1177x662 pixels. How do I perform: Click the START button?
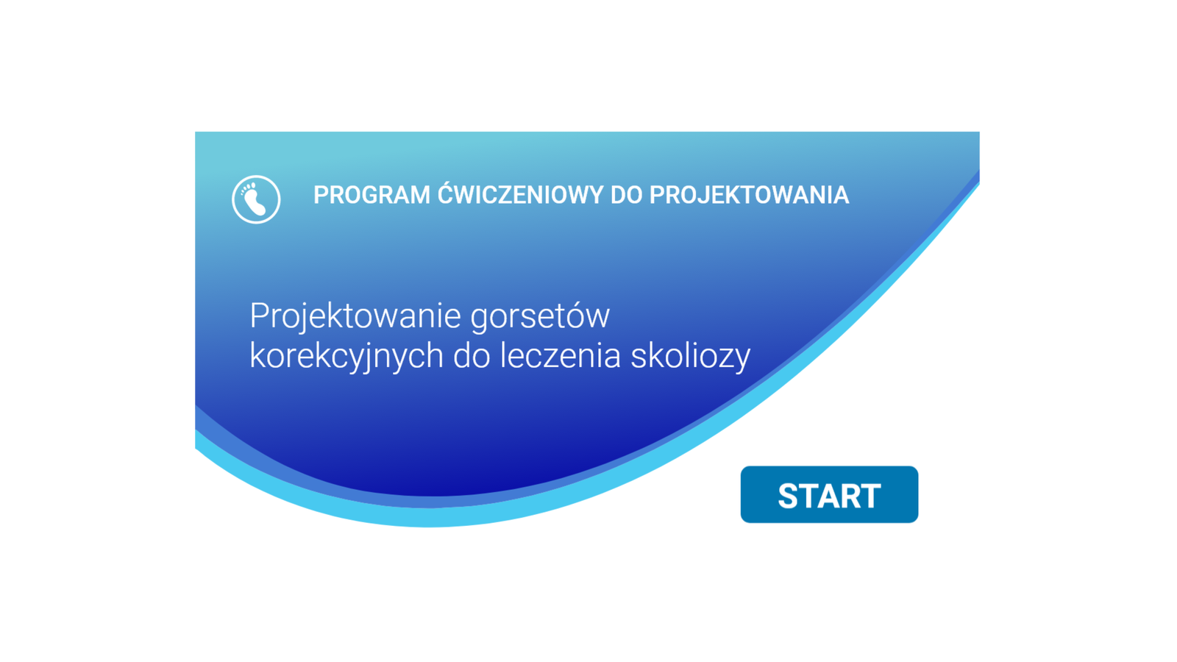click(x=829, y=494)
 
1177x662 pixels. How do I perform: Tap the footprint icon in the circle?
click(x=256, y=199)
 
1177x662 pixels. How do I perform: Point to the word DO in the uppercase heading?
click(x=626, y=196)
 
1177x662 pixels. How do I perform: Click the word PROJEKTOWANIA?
click(x=750, y=196)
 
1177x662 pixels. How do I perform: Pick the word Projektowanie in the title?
click(x=356, y=317)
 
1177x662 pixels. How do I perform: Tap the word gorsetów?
click(x=540, y=316)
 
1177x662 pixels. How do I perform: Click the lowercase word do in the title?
click(x=472, y=356)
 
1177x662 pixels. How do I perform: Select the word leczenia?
click(x=560, y=356)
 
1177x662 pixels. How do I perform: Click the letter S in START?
click(x=789, y=496)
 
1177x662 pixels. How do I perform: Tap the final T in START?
click(x=870, y=496)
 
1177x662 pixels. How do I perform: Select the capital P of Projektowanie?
click(x=258, y=316)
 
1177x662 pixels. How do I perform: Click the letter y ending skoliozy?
click(x=742, y=361)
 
